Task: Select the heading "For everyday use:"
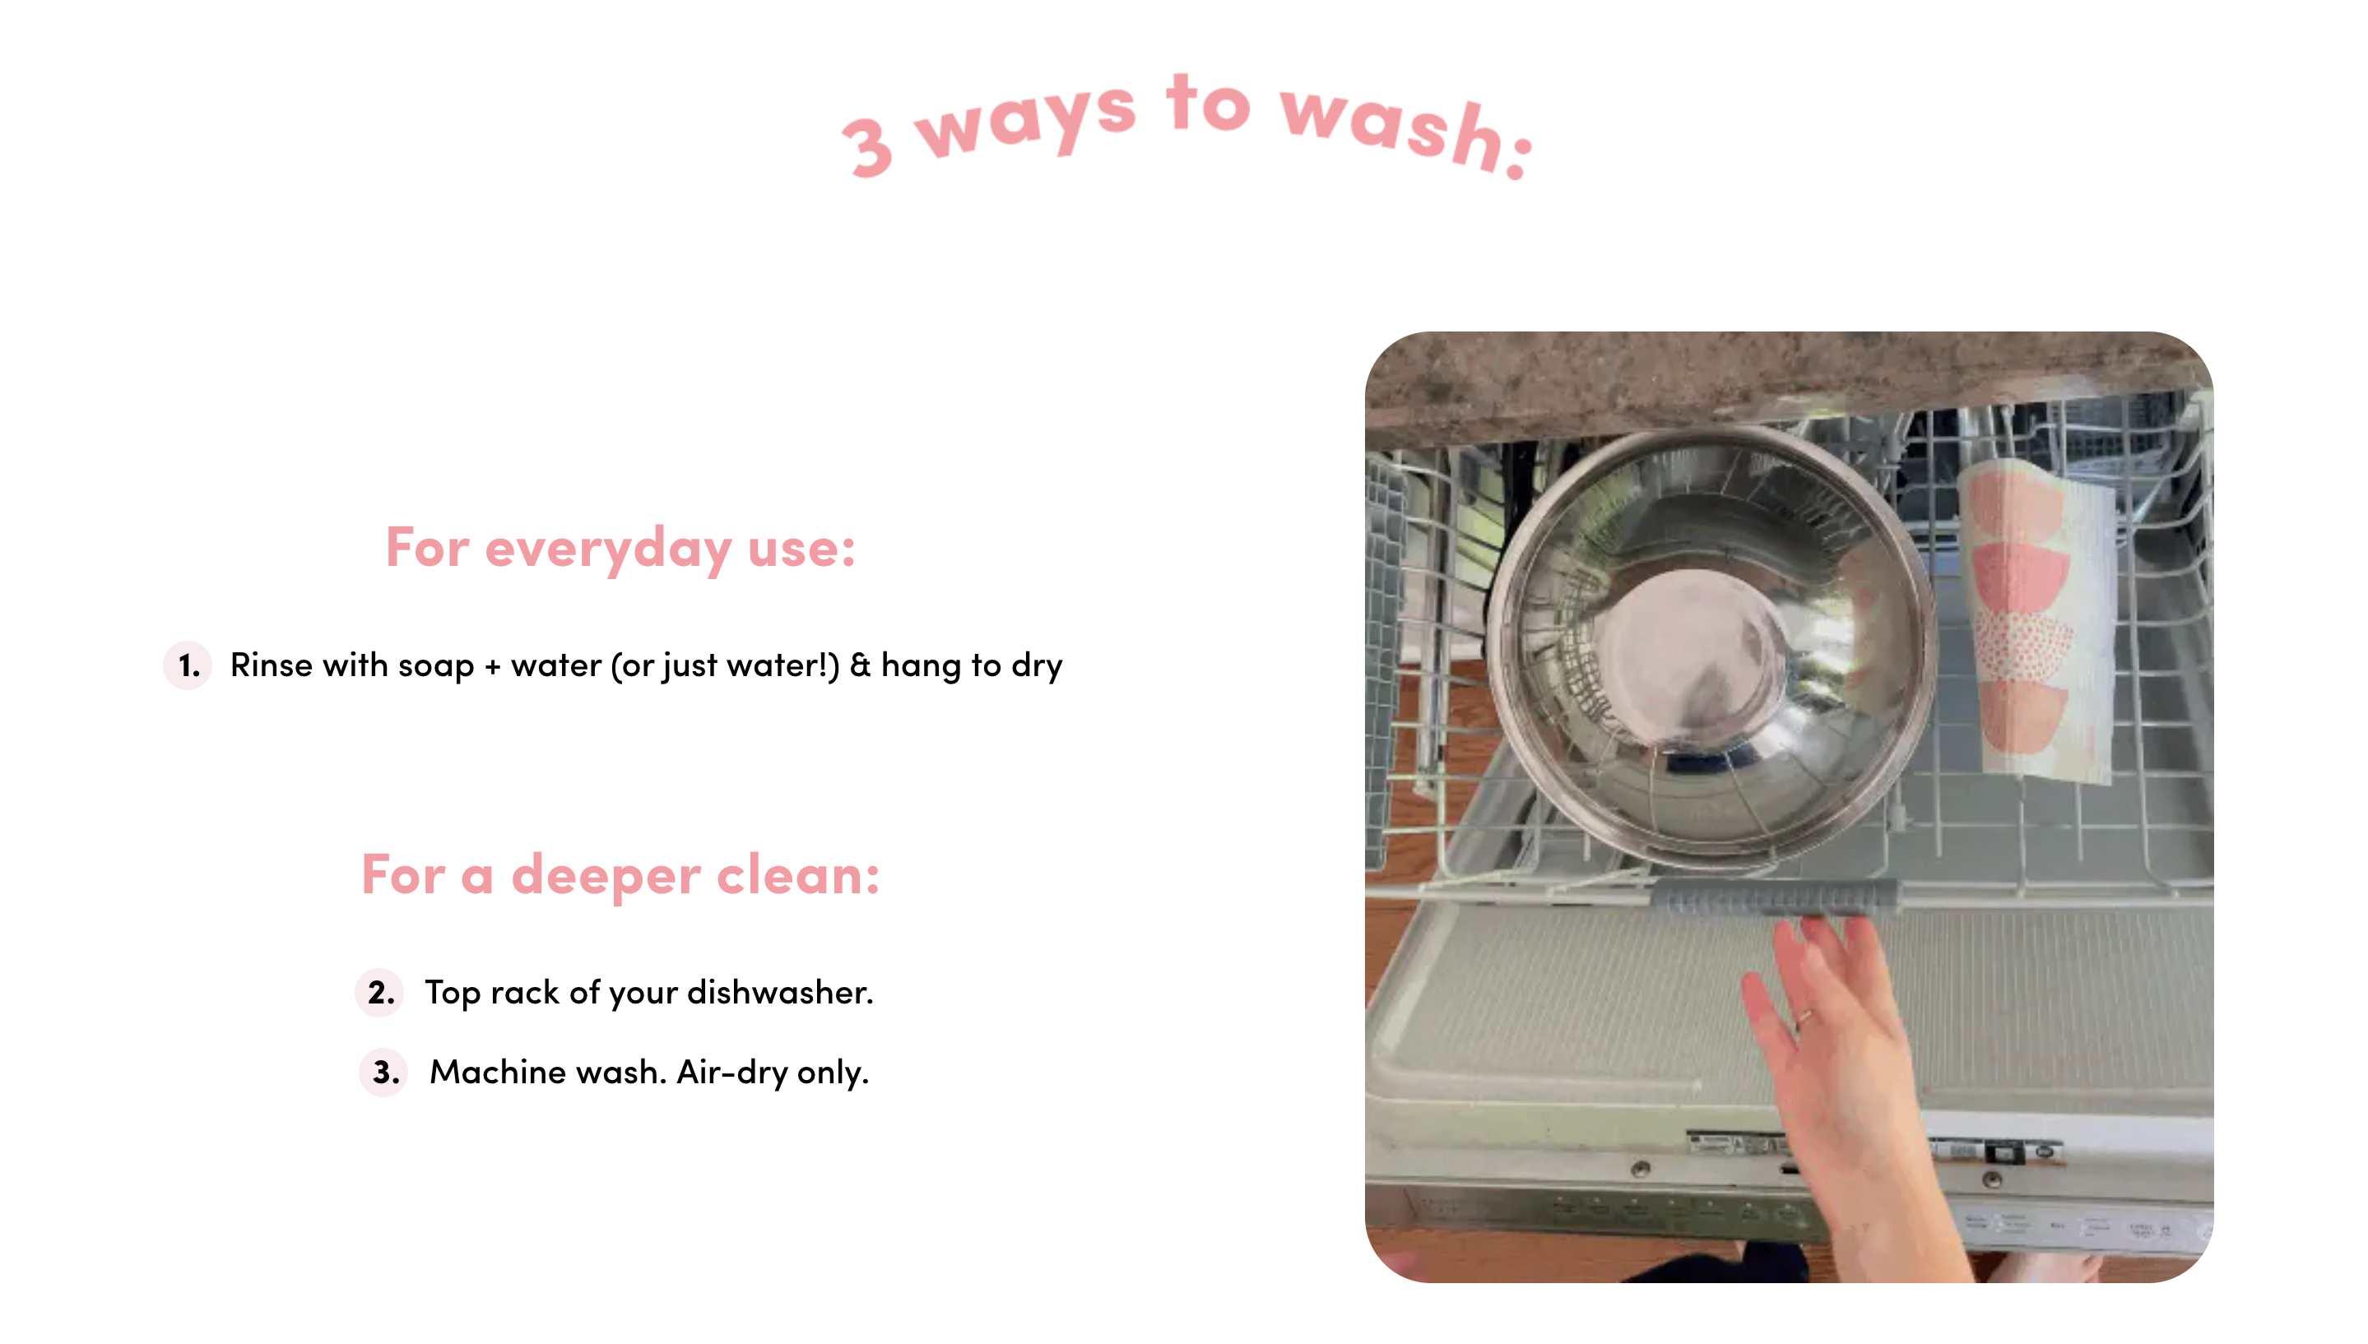tap(620, 549)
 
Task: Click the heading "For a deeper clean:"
tap(620, 875)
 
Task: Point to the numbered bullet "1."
tap(188, 665)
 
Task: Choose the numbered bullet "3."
tap(385, 1073)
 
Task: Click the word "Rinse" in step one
tap(272, 665)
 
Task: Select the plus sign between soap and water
tap(493, 666)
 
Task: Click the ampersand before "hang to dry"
tap(861, 665)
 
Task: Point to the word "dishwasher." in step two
tap(780, 992)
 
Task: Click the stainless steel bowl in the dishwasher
tap(1711, 648)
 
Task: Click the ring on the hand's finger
tap(1803, 1017)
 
